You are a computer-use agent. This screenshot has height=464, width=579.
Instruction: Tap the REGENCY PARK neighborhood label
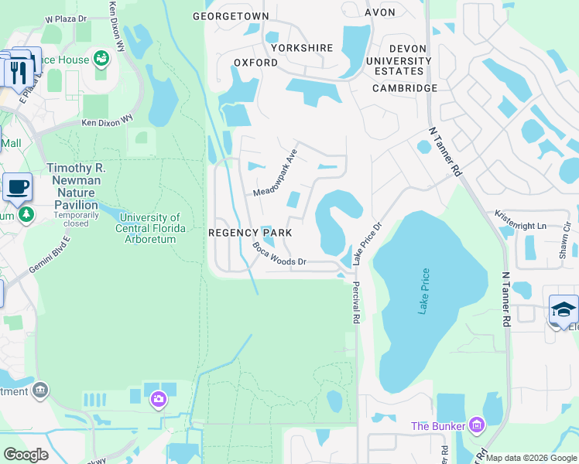tap(249, 233)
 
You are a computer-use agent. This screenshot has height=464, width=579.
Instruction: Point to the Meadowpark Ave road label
tap(276, 172)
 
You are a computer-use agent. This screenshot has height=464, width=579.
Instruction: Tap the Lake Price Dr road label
tap(368, 244)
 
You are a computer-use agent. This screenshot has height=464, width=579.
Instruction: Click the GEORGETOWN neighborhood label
tap(231, 16)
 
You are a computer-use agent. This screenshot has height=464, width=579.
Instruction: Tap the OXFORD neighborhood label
tap(255, 63)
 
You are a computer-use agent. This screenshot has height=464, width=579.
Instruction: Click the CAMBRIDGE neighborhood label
tap(404, 88)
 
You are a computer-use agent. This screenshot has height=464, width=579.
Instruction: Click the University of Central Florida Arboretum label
tap(151, 228)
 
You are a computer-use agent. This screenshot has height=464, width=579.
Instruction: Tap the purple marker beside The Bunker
tap(476, 425)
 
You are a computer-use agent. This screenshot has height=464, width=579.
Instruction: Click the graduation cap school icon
tap(563, 309)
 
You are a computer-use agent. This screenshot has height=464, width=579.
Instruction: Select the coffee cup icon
tap(17, 186)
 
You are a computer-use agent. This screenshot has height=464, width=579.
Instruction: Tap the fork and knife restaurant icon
tap(17, 72)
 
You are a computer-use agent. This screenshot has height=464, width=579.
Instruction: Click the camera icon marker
tap(158, 399)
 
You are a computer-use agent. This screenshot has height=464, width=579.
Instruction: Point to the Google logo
tap(26, 455)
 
